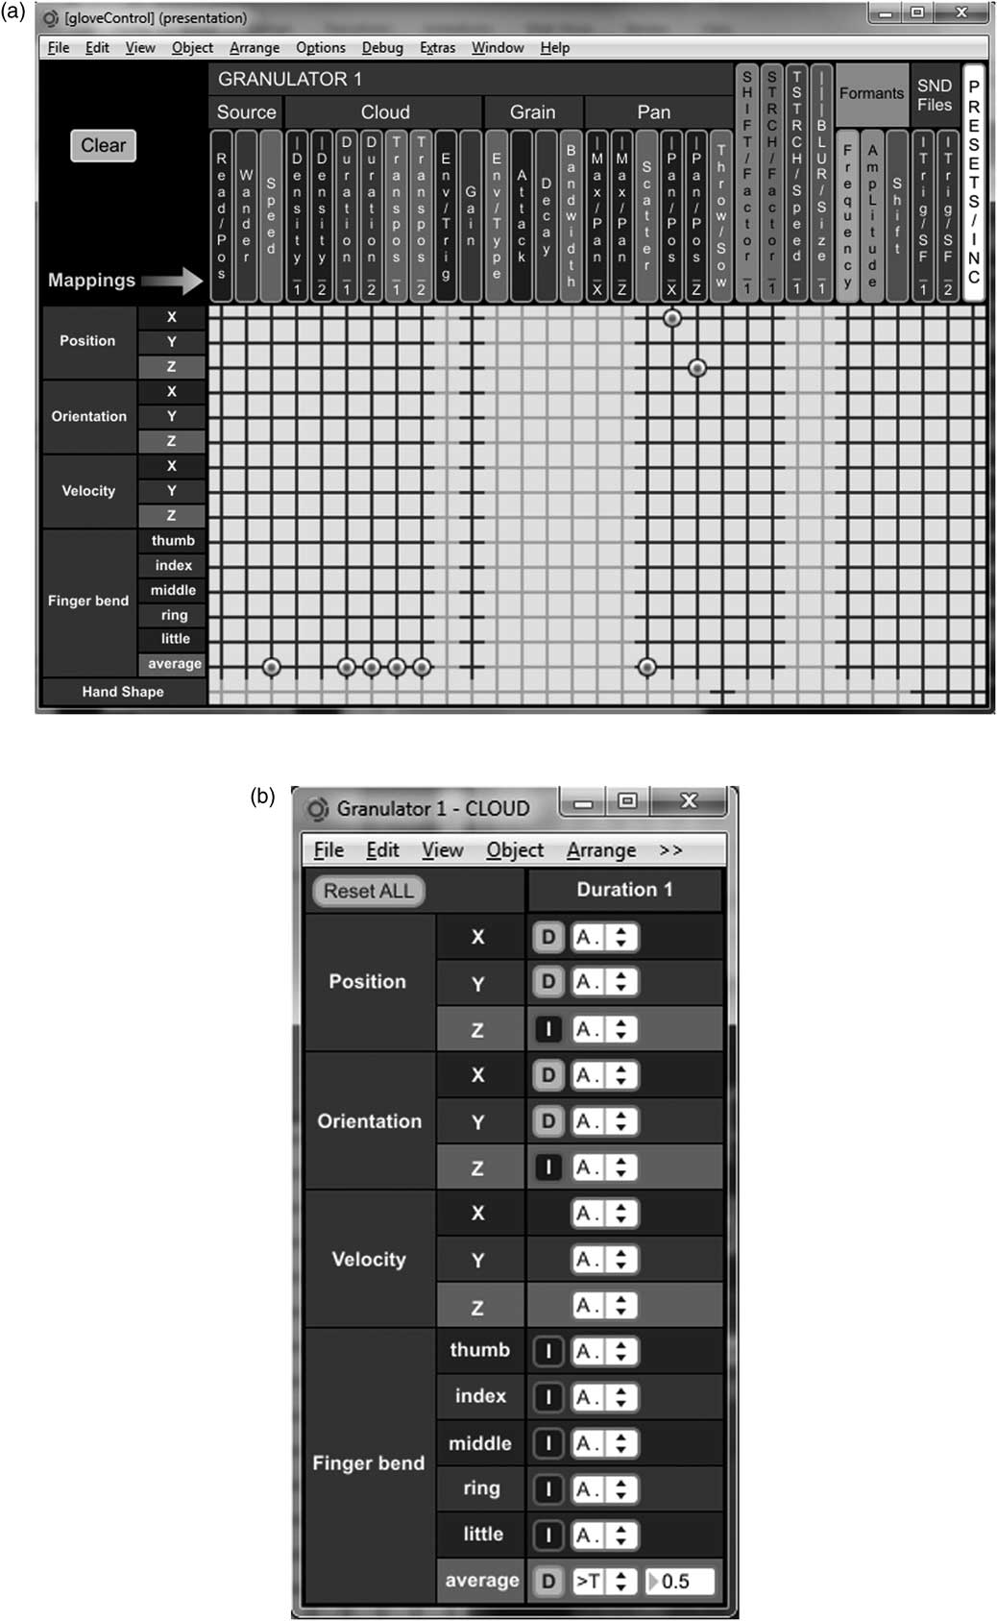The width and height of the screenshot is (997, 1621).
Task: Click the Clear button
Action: (x=103, y=146)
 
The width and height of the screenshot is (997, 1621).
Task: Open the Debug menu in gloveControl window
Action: (x=382, y=48)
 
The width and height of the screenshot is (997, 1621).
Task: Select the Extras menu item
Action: (x=437, y=48)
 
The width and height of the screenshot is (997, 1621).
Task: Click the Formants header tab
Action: (x=871, y=93)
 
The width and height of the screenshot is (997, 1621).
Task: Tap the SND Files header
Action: (x=934, y=95)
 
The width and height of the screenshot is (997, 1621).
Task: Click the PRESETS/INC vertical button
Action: (x=973, y=183)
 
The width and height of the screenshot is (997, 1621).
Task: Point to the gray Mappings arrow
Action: (x=176, y=281)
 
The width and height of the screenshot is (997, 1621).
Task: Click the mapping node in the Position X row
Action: (x=672, y=318)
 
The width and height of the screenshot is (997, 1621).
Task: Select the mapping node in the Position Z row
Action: (x=697, y=368)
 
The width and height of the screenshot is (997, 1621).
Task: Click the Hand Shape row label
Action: (x=123, y=692)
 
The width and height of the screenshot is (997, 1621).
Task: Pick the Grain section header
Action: (x=532, y=112)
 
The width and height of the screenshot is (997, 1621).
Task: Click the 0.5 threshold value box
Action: (x=681, y=1581)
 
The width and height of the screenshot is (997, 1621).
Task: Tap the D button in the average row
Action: (x=548, y=1581)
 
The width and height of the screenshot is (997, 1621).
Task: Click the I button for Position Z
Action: (x=548, y=1030)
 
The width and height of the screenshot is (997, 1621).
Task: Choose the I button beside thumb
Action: (x=548, y=1351)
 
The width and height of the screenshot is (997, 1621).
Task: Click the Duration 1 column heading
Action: (x=624, y=890)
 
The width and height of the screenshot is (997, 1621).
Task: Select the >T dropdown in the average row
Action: (x=603, y=1581)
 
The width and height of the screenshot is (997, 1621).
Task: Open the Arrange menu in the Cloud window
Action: (x=601, y=850)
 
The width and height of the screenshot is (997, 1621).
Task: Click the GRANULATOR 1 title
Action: (x=290, y=80)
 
